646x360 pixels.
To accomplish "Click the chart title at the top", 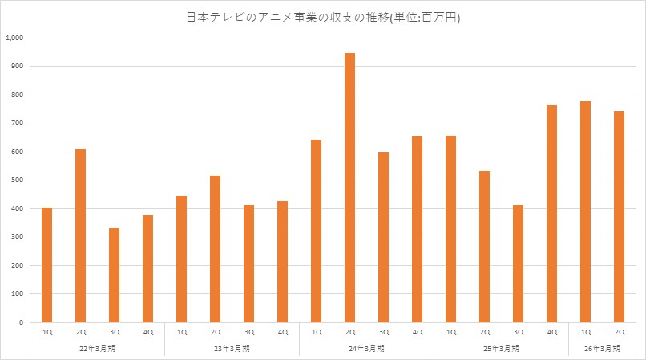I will tap(323, 17).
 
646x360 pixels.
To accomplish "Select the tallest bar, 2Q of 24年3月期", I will tap(349, 188).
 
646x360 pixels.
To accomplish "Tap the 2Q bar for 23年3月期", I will tap(215, 249).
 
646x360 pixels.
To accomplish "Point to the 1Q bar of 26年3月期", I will tap(585, 212).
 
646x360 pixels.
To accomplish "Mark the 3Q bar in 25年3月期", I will tap(518, 264).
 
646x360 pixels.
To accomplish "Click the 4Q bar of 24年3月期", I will tap(417, 229).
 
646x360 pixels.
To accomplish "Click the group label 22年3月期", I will tap(97, 348).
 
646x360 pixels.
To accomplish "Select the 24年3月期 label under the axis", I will tap(366, 348).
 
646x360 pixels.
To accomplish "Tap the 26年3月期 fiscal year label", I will tap(602, 348).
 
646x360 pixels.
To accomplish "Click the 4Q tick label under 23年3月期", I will tap(282, 331).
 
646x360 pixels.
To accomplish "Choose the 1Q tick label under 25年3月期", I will tap(450, 331).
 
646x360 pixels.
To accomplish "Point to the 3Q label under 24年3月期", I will tap(383, 331).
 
